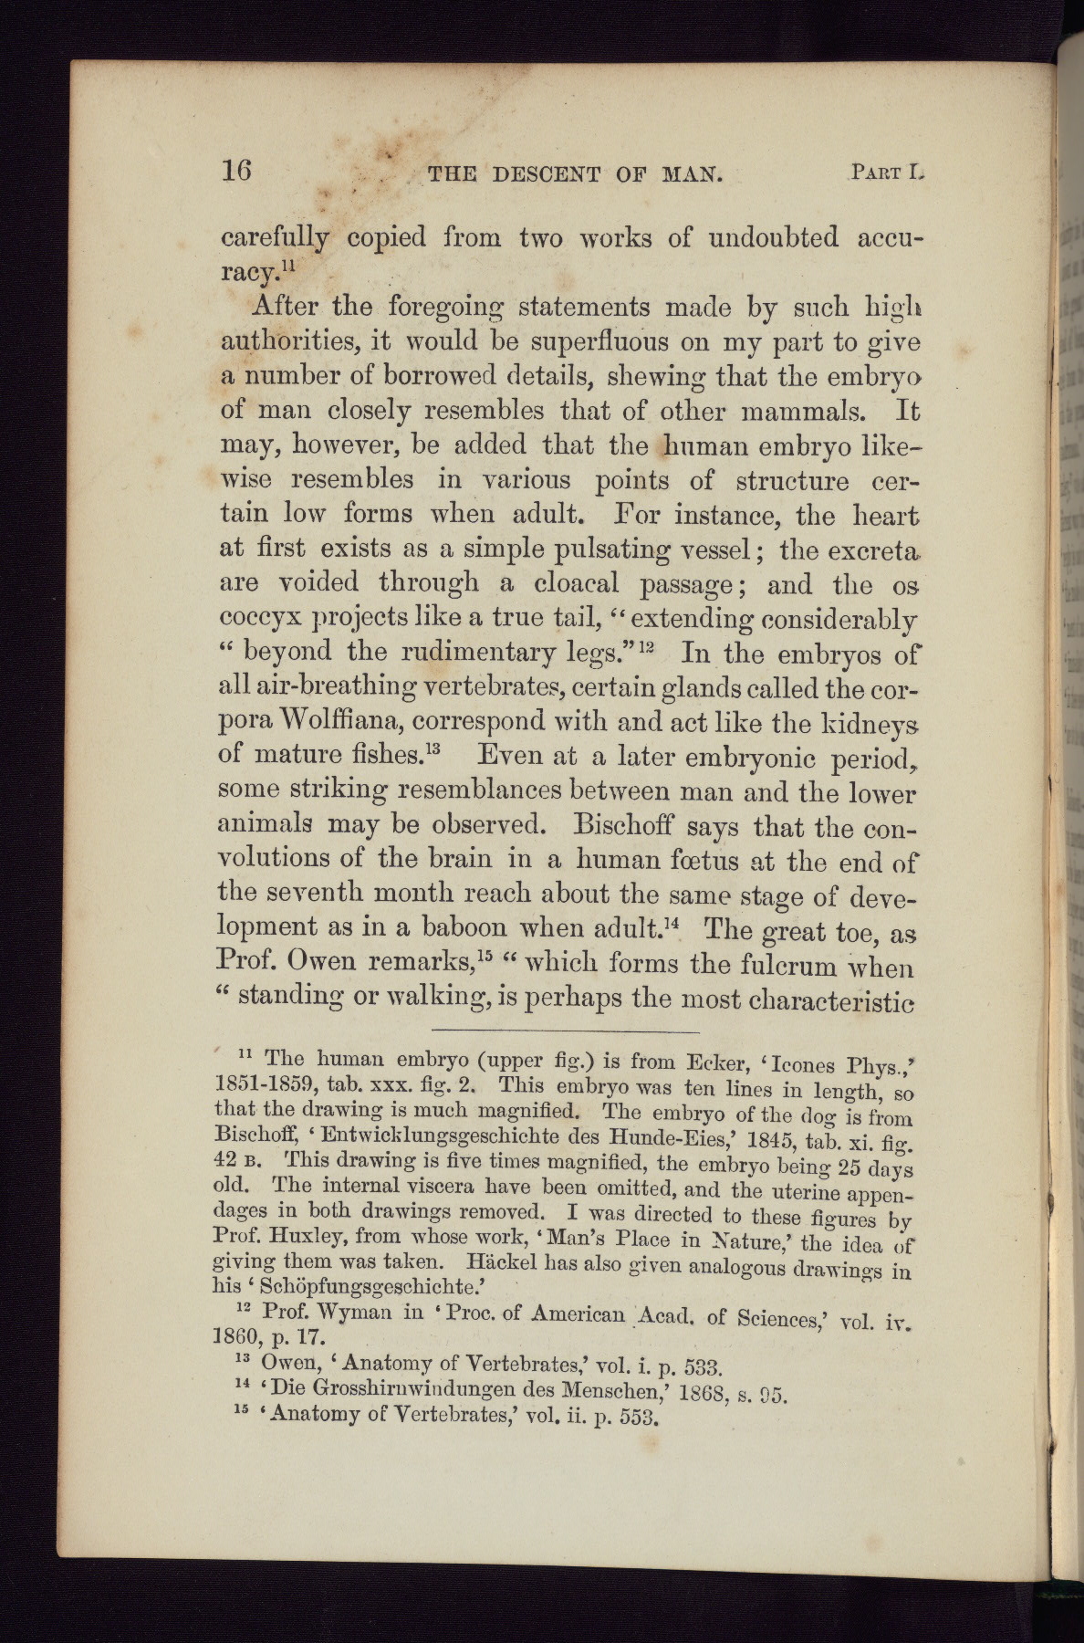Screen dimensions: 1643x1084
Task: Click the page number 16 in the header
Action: click(x=236, y=171)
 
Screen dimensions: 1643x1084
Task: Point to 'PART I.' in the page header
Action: click(x=887, y=172)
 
